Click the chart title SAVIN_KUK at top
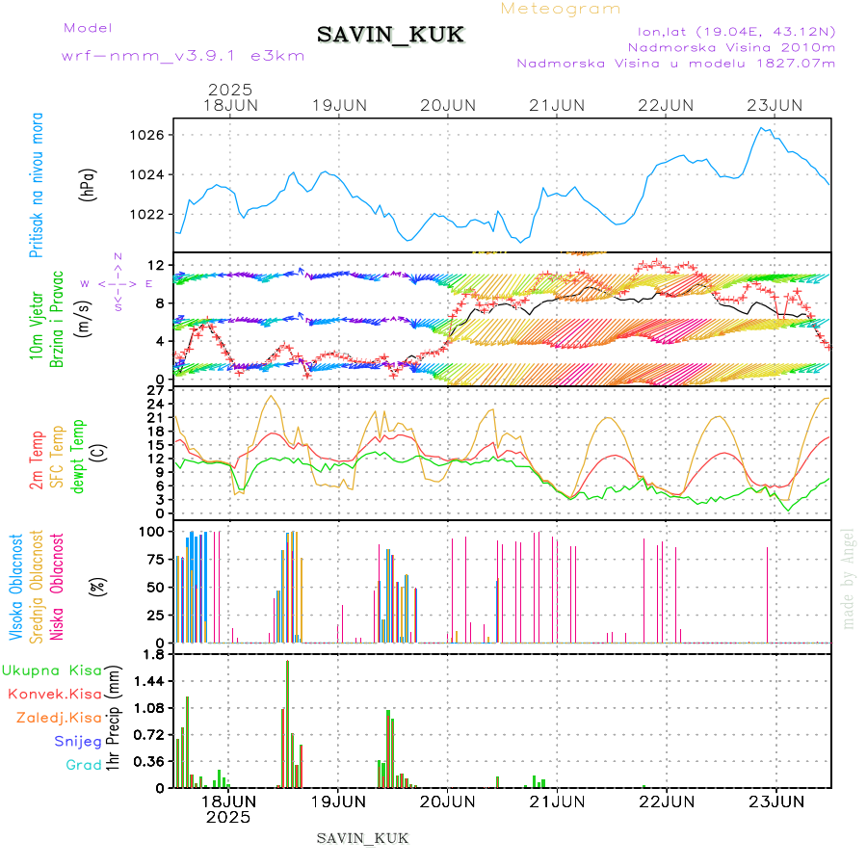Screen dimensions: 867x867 390,35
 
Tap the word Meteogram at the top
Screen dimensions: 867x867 561,9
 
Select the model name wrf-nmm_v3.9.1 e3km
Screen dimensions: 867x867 183,55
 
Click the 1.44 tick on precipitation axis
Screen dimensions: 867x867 148,681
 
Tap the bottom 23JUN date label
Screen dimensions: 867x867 776,801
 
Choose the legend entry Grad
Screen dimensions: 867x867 84,765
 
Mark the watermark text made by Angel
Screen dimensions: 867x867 849,578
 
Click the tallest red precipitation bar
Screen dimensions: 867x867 287,722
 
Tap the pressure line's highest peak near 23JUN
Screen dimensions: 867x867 762,127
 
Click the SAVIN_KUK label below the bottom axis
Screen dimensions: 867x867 363,838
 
